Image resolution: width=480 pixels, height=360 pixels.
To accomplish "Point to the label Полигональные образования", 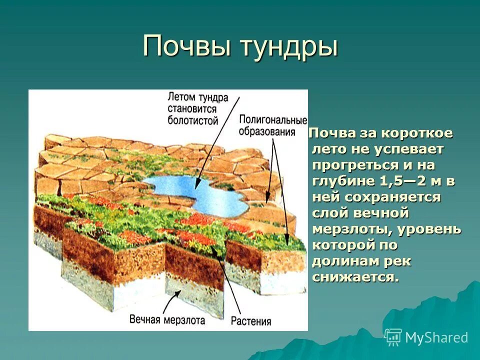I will (272, 125).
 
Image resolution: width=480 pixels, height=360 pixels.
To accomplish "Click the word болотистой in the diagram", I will (193, 120).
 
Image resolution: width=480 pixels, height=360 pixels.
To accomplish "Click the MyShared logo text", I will (436, 337).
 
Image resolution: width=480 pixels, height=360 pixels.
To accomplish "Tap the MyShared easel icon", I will (393, 337).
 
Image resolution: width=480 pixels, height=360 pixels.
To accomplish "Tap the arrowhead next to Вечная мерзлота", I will (175, 295).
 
